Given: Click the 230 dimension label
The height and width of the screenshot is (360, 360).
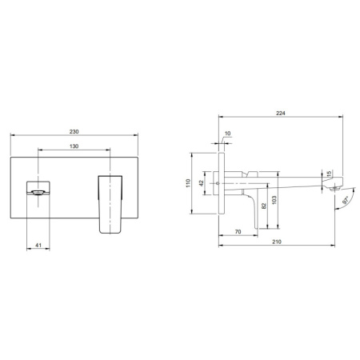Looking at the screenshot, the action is [74, 132].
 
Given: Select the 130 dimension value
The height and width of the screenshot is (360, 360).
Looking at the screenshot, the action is [74, 146].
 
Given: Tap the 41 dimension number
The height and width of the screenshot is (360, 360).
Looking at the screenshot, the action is [38, 245].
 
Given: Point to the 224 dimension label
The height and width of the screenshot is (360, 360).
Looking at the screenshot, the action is [281, 114].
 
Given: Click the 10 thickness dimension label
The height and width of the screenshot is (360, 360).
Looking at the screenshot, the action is [228, 134].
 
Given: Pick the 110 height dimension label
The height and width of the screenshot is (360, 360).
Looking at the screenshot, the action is [189, 183].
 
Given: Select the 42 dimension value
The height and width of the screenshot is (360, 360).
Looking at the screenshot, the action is [202, 183].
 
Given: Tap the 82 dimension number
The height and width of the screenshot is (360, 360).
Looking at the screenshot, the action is [264, 206].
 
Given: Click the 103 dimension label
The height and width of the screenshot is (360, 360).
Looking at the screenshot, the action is [274, 200].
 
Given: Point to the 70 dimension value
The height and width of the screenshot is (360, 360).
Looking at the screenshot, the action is [238, 232].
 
